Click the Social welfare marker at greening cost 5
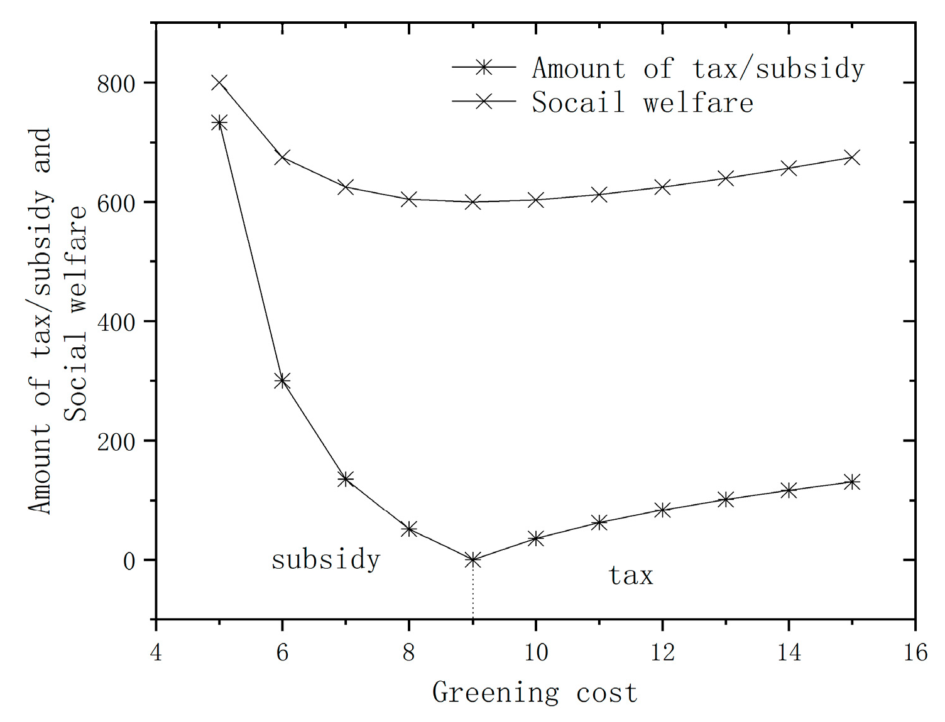[x=219, y=82]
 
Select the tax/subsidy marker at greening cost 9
[x=472, y=559]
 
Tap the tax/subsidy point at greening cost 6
[x=282, y=380]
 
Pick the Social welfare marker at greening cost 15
[x=851, y=157]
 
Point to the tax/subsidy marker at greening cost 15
[x=851, y=482]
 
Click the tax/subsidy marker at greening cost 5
[x=219, y=122]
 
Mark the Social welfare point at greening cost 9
[x=472, y=202]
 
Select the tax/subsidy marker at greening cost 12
[x=662, y=510]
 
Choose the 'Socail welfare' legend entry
[x=642, y=102]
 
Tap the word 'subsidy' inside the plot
[x=325, y=559]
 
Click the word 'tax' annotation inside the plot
[x=631, y=575]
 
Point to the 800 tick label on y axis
[x=116, y=84]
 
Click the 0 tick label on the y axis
[x=129, y=561]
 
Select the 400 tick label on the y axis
[x=116, y=322]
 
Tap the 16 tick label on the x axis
[x=915, y=652]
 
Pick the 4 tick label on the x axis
[x=156, y=652]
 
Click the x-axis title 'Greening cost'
[x=535, y=693]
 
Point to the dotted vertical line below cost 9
[x=472, y=590]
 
